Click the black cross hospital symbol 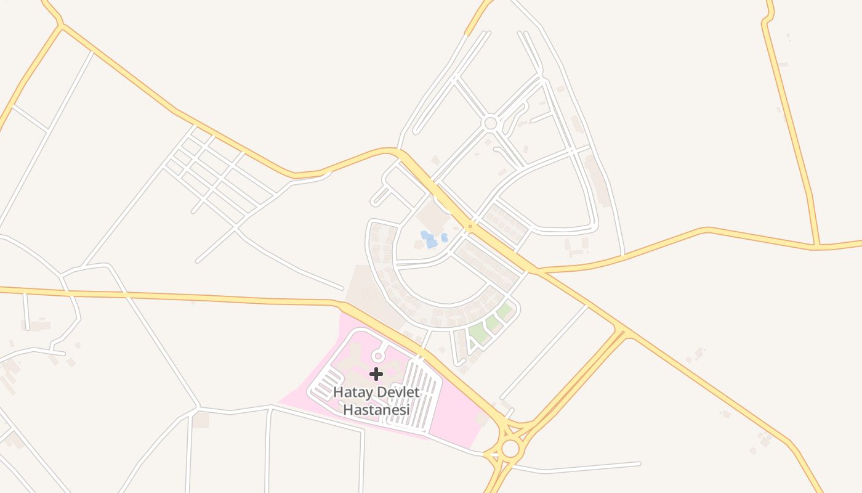376,374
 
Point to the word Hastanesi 376,409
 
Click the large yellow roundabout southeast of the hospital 510,449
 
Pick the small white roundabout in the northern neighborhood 490,123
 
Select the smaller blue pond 444,237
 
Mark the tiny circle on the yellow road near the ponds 470,227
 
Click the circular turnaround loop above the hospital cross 378,356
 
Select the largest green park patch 478,333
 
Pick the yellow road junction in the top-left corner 60,26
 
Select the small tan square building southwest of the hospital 200,420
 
